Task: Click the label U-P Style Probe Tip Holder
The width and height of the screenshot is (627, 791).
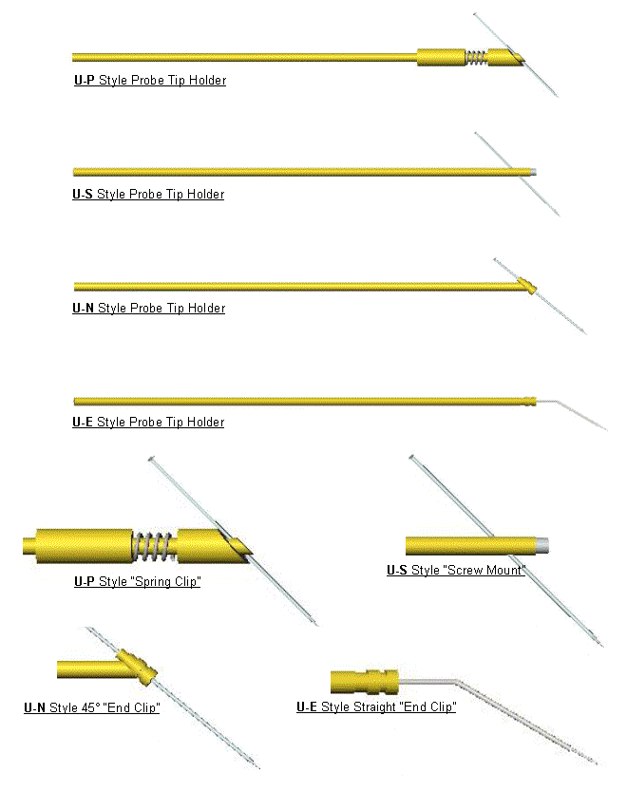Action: pyautogui.click(x=150, y=80)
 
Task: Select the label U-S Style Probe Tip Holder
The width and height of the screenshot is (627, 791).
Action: pyautogui.click(x=148, y=195)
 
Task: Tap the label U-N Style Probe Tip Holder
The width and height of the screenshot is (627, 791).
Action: pyautogui.click(x=149, y=309)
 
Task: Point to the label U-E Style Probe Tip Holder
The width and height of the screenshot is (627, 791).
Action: pyautogui.click(x=148, y=423)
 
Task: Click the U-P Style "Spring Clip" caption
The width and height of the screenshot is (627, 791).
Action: pyautogui.click(x=138, y=582)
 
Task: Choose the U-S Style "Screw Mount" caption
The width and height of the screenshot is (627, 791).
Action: pyautogui.click(x=456, y=571)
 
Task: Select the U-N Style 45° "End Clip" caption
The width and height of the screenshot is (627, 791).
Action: pyautogui.click(x=92, y=707)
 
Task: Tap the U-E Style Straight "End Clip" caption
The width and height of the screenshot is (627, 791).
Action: pyautogui.click(x=376, y=707)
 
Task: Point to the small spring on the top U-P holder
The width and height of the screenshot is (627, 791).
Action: pyautogui.click(x=477, y=58)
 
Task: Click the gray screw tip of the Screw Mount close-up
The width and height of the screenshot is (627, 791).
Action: pyautogui.click(x=541, y=546)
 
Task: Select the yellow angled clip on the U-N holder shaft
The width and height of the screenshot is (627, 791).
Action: pyautogui.click(x=527, y=286)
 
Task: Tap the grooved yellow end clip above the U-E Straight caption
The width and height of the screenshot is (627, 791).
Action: pyautogui.click(x=365, y=682)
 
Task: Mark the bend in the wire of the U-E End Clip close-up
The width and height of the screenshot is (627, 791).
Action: pyautogui.click(x=457, y=682)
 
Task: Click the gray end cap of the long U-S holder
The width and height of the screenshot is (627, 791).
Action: pyautogui.click(x=533, y=172)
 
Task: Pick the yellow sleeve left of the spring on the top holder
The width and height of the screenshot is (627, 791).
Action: pyautogui.click(x=441, y=58)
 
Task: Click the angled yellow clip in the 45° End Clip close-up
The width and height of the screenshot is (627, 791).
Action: pyautogui.click(x=138, y=668)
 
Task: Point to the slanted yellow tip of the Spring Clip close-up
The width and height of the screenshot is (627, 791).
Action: pyautogui.click(x=215, y=546)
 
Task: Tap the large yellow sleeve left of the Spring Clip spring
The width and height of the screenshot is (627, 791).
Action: pyautogui.click(x=85, y=546)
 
